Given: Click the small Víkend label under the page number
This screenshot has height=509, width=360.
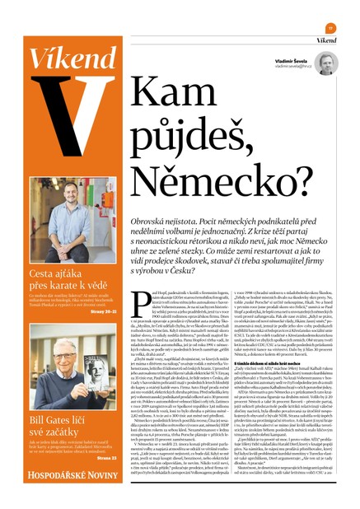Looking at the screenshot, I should pos(327,39).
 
